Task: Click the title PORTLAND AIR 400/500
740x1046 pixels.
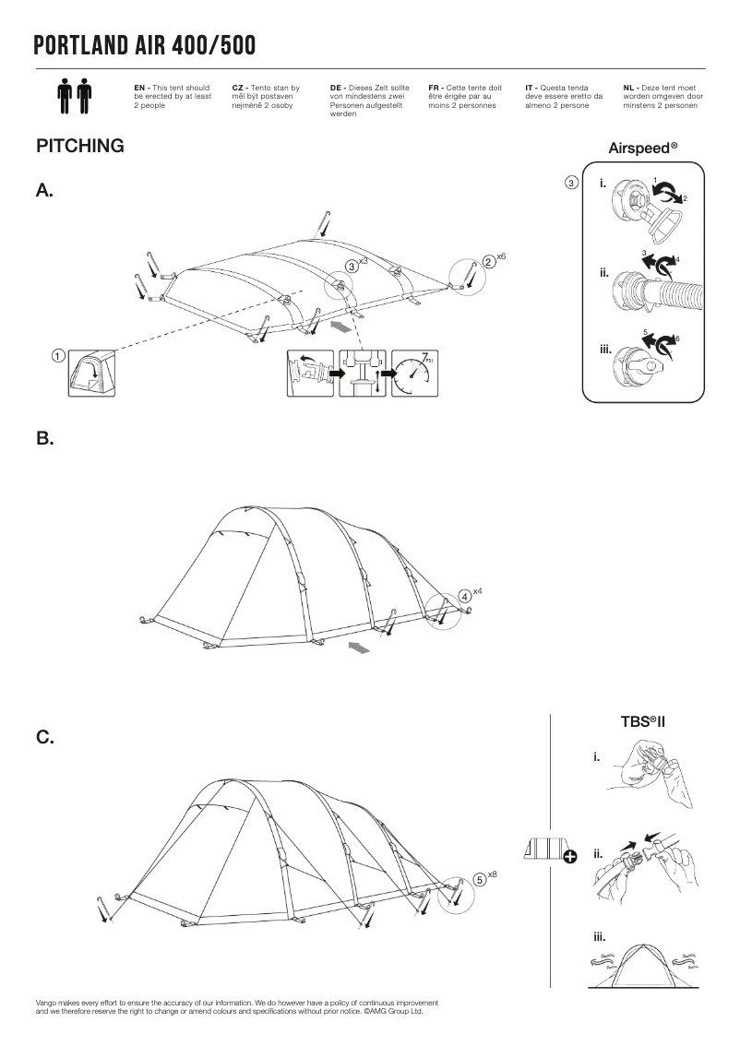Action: [145, 45]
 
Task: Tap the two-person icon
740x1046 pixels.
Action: [74, 95]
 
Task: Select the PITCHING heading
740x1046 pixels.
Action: [79, 146]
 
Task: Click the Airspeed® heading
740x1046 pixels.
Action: [643, 148]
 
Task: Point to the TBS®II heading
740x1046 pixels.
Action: [643, 720]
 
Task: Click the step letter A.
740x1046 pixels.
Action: [45, 191]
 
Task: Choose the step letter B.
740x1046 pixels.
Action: [45, 440]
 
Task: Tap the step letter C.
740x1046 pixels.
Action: [45, 738]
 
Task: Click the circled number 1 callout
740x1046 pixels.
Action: [57, 355]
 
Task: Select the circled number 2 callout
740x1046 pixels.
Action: [487, 263]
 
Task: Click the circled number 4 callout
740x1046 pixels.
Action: [465, 596]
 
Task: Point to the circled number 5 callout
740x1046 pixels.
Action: [480, 879]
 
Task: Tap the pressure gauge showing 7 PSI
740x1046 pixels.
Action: [412, 374]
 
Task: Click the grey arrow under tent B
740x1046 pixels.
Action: [361, 649]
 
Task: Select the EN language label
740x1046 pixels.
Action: [141, 87]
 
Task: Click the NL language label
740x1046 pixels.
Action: [630, 87]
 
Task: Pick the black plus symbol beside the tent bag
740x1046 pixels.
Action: [569, 857]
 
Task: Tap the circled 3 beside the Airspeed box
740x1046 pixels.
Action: [572, 183]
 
